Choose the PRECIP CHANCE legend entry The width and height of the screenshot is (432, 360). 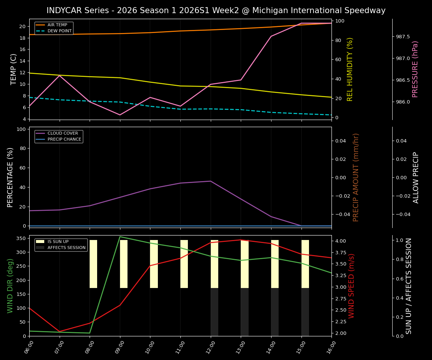[64, 139]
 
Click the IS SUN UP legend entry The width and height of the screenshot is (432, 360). [58, 242]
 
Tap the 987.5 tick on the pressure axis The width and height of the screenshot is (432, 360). [403, 37]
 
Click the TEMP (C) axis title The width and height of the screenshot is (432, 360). [13, 69]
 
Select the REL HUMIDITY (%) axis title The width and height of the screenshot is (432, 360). [350, 69]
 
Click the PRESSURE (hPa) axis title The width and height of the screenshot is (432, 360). [415, 69]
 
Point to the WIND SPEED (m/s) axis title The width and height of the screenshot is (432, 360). [351, 286]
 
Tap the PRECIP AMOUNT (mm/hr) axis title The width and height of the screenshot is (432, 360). [356, 177]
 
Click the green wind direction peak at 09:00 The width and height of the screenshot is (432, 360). [120, 237]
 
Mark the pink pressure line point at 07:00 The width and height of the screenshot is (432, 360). [60, 75]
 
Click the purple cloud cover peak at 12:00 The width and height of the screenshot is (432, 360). [211, 181]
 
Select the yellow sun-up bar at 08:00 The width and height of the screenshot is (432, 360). [93, 264]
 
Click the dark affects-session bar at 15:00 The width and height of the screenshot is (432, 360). [305, 312]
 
